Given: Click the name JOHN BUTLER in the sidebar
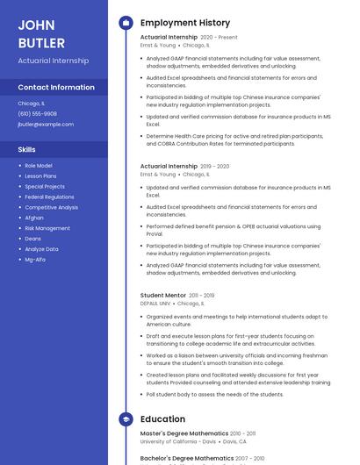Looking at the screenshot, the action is point(41,33).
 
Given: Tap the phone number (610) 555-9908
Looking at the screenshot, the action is point(37,113).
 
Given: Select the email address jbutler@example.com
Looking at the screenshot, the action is point(46,124).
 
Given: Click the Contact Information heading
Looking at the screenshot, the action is point(56,87).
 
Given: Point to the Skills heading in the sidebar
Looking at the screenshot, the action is point(27,149).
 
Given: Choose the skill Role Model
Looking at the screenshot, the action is point(38,166).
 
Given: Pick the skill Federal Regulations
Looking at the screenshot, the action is point(49,197).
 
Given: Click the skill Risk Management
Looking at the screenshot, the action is point(47,228).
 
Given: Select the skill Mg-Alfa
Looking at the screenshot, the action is point(35,260).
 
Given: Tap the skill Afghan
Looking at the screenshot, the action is point(34,218).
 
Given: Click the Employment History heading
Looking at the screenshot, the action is point(185,23).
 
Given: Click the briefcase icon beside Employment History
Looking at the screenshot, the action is point(126,23).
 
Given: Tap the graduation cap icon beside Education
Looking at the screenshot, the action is point(126,419).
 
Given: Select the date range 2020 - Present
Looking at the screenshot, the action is point(219,38).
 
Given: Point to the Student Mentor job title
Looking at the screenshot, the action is point(163,296).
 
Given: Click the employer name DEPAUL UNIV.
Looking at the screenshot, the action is point(155,304).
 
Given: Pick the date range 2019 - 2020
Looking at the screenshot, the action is point(214,166).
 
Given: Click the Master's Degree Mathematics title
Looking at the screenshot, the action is point(184,433).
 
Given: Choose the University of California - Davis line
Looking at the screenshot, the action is point(178,441).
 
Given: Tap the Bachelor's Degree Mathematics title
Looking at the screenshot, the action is point(187,458).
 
